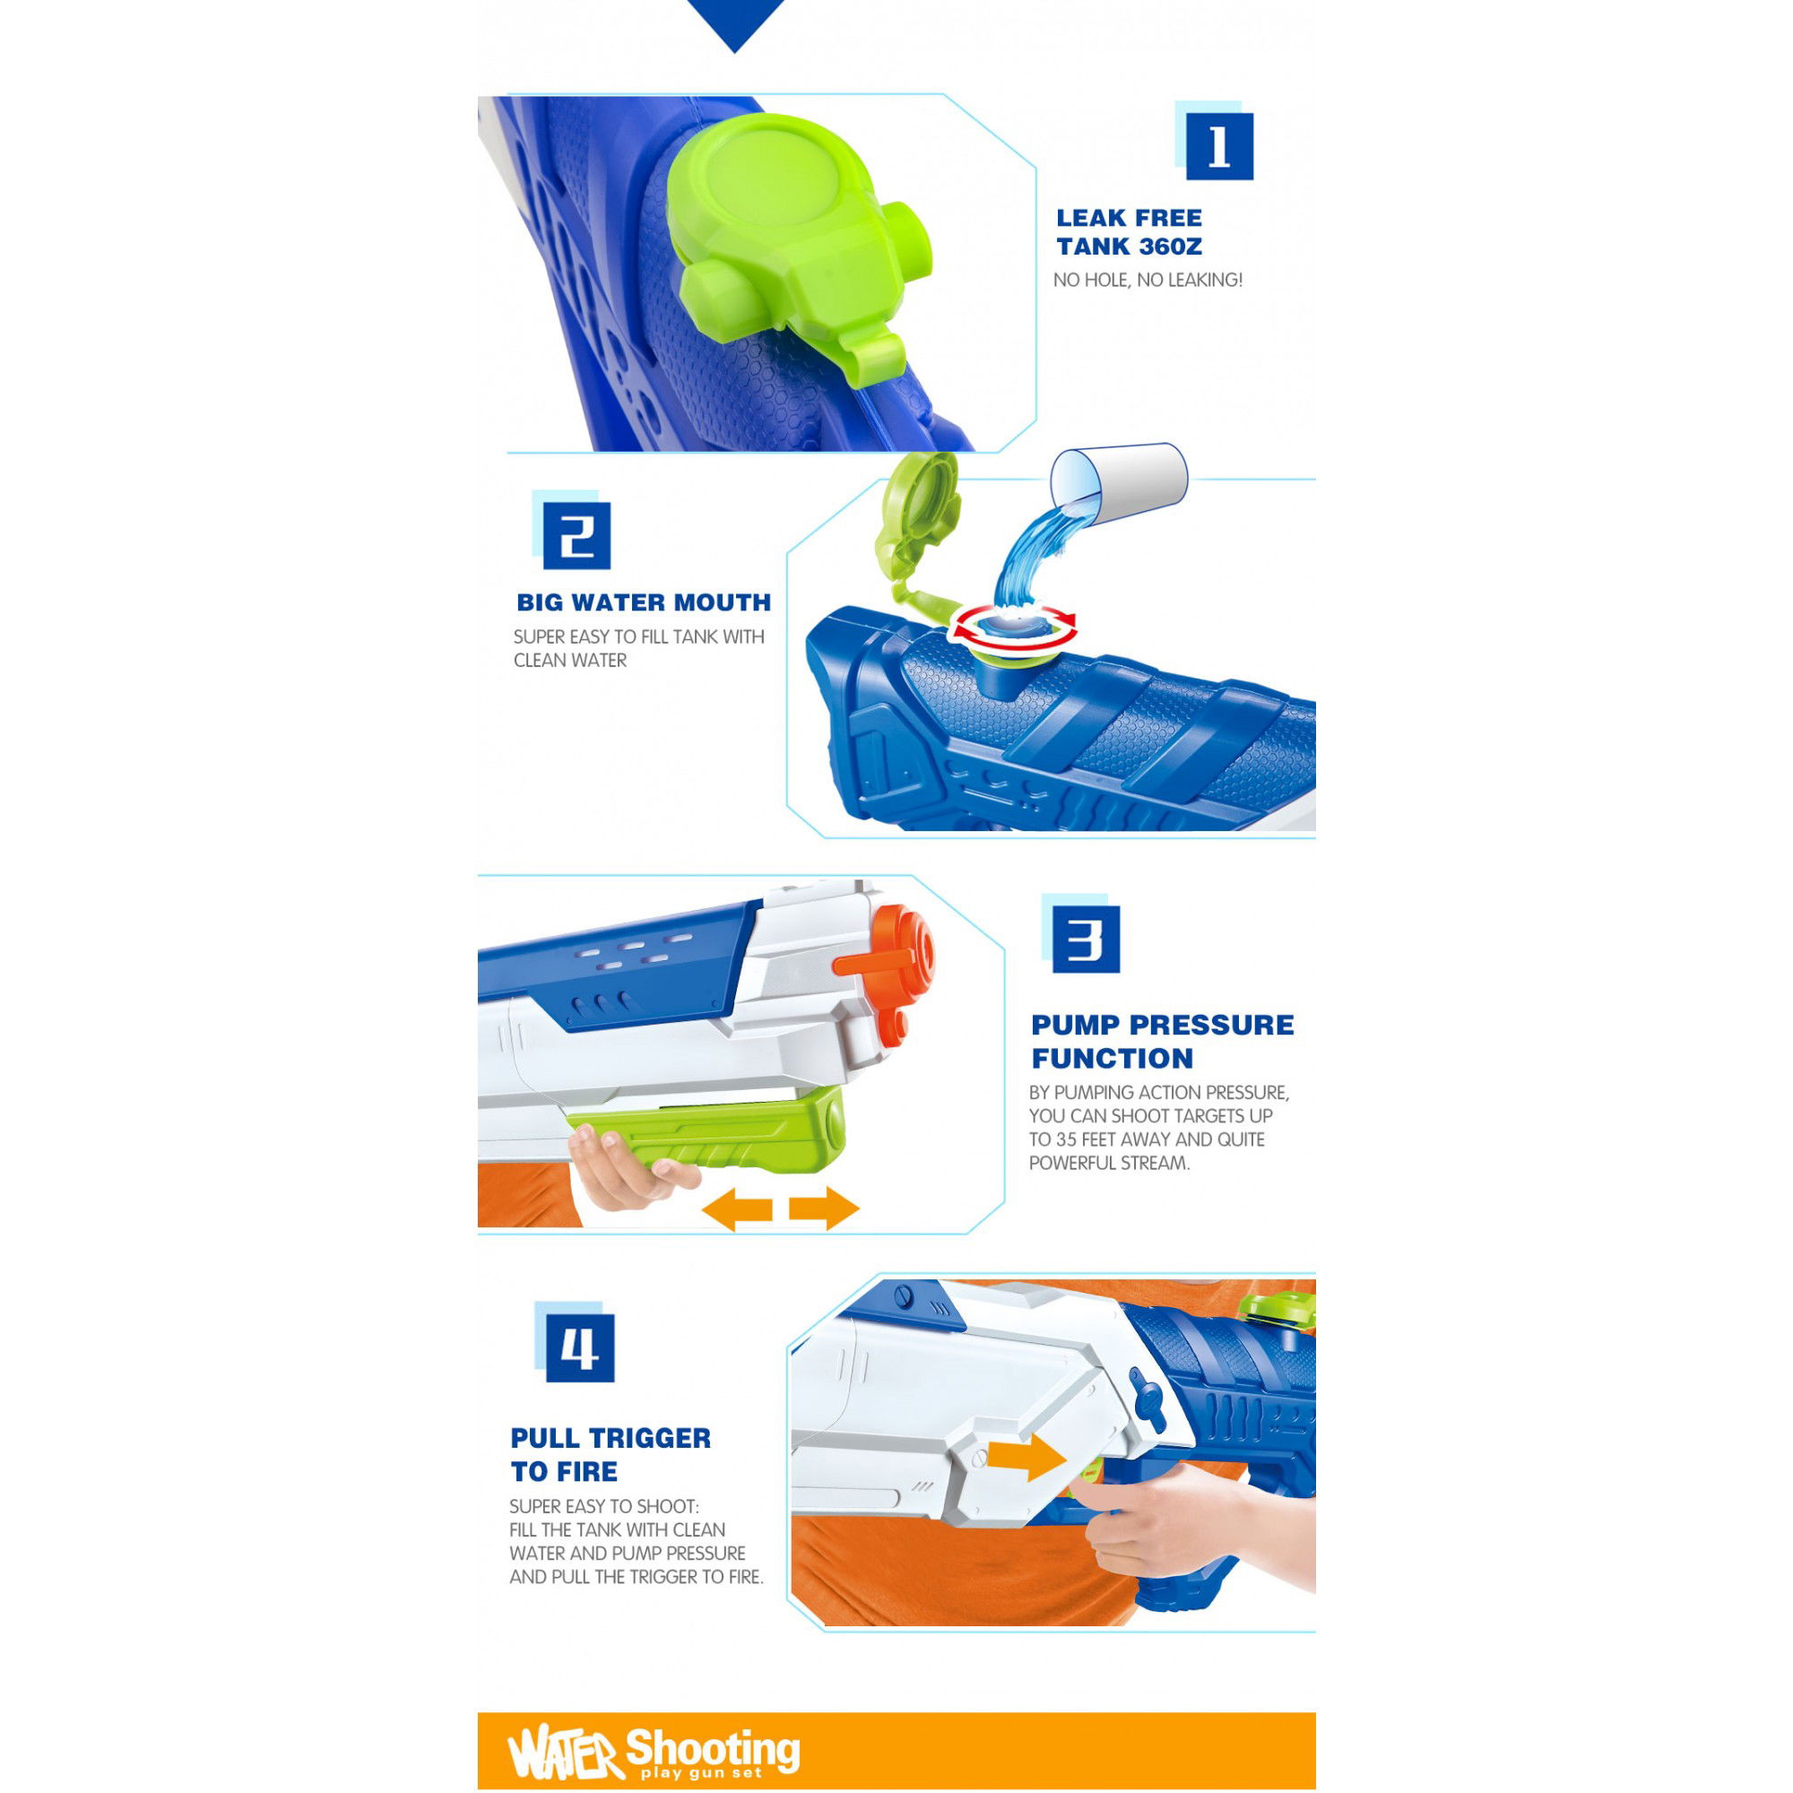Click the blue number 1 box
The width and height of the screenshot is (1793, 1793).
pos(1219,147)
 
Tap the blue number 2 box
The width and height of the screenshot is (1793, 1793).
pos(576,535)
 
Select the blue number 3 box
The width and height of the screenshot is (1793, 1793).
pos(1086,940)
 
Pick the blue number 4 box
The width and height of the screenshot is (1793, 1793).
pos(580,1347)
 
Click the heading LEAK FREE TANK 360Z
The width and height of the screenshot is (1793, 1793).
pos(1130,232)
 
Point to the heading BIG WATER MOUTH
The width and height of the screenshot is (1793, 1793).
pos(644,602)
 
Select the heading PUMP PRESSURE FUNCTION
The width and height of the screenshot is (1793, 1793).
pos(1162,1041)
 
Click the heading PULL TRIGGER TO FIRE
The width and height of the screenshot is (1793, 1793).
pos(611,1454)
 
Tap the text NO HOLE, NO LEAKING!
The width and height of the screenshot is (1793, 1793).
pos(1148,281)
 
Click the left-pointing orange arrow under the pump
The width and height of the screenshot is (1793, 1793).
pos(737,1209)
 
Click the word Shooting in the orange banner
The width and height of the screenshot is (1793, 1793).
pos(713,1748)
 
